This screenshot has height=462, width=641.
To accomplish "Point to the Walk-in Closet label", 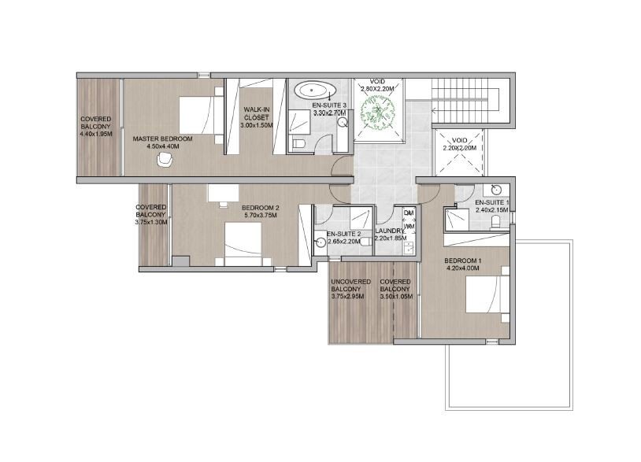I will [257, 113].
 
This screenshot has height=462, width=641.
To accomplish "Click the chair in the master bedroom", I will [165, 159].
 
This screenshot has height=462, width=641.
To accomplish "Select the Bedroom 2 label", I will [239, 208].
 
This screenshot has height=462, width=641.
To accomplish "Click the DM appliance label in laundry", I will [408, 213].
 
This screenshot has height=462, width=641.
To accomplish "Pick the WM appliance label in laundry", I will [408, 226].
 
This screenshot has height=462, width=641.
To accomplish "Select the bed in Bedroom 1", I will [480, 301].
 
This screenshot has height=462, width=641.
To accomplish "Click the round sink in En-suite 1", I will [495, 189].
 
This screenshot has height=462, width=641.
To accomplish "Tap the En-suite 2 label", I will [344, 234].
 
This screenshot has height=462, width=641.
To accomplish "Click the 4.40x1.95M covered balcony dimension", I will [96, 134].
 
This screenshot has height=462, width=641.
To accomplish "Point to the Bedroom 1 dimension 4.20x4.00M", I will [463, 268].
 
